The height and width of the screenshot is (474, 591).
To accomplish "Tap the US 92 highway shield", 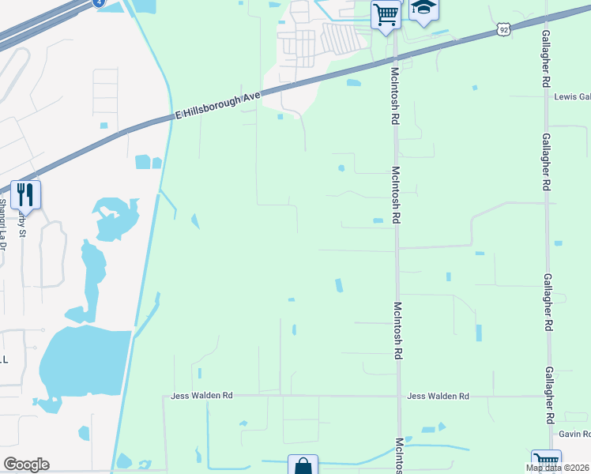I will tap(504, 29).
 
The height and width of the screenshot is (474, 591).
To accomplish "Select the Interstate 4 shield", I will tap(98, 3).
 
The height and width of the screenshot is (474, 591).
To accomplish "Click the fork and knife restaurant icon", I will tap(25, 194).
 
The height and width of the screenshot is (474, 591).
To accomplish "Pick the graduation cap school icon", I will tap(424, 9).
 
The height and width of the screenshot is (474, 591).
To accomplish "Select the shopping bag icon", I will tap(303, 465).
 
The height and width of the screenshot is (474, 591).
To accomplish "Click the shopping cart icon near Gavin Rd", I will tap(546, 461).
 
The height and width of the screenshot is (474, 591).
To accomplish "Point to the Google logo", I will tap(26, 465).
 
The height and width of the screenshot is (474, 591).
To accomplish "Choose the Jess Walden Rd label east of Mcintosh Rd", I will tap(438, 396).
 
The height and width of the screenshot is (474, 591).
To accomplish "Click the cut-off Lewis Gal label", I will tap(572, 97).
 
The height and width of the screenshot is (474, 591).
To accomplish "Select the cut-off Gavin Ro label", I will tap(574, 434).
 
